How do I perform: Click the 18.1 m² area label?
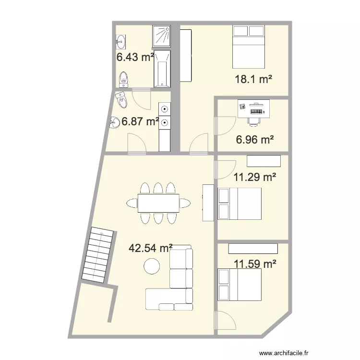coord(253,80)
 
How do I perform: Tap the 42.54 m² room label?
coord(151,248)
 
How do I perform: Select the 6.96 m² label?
coord(254,140)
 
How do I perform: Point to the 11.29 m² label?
coord(254,178)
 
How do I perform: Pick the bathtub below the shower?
coord(162,69)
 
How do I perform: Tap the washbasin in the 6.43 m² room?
coord(120,42)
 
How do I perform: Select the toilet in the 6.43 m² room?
coord(124,78)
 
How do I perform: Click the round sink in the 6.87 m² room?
coord(115,123)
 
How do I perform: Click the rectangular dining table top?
coord(158,203)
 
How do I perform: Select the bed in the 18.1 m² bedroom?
coord(249,47)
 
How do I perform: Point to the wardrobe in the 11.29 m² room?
coord(264,160)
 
